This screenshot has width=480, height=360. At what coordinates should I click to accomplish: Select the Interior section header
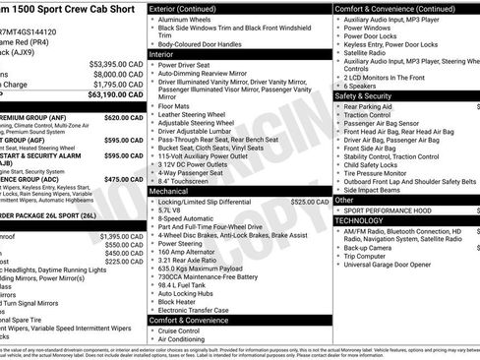pos(162,54)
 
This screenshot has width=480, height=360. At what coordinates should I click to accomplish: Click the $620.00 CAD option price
pos(125,117)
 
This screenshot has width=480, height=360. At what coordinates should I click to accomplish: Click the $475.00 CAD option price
pos(125,180)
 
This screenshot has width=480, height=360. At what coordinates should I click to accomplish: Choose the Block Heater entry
pos(180,301)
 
